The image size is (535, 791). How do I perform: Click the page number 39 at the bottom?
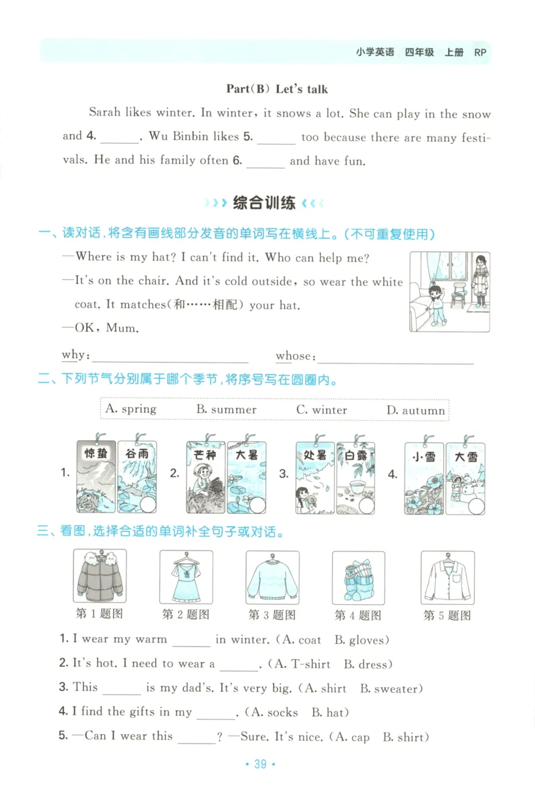pyautogui.click(x=261, y=764)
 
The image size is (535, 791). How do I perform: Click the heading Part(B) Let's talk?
pyautogui.click(x=277, y=89)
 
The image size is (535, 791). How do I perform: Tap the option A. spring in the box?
pyautogui.click(x=131, y=409)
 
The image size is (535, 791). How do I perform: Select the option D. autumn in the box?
pyautogui.click(x=415, y=410)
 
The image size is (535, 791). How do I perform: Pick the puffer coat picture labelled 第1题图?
pyautogui.click(x=99, y=577)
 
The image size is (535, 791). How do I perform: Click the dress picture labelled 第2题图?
pyautogui.click(x=186, y=577)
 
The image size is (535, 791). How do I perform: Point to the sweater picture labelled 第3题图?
pyautogui.click(x=272, y=577)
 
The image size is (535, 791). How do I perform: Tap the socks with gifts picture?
pyautogui.click(x=358, y=578)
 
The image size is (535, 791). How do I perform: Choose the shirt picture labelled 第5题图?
pyautogui.click(x=447, y=577)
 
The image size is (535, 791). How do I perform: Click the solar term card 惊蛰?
pyautogui.click(x=96, y=476)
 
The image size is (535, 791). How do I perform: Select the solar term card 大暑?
pyautogui.click(x=246, y=476)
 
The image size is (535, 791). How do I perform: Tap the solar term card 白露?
pyautogui.click(x=356, y=476)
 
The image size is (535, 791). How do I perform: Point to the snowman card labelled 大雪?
pyautogui.click(x=465, y=476)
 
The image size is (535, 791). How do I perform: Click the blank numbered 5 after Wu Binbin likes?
pyautogui.click(x=276, y=139)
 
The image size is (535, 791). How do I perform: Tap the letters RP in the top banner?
pyautogui.click(x=479, y=52)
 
